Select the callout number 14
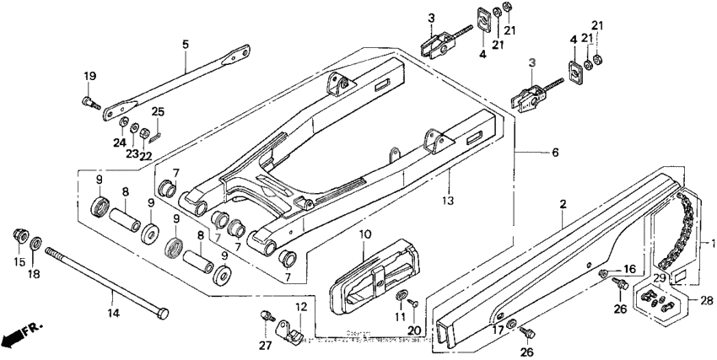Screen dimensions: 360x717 (114, 312)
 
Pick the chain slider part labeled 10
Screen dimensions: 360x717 (371, 271)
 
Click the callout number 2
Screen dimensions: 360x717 (562, 204)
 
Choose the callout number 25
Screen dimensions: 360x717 (157, 111)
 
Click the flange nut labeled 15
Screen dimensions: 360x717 (19, 234)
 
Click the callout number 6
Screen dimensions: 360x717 (531, 153)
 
